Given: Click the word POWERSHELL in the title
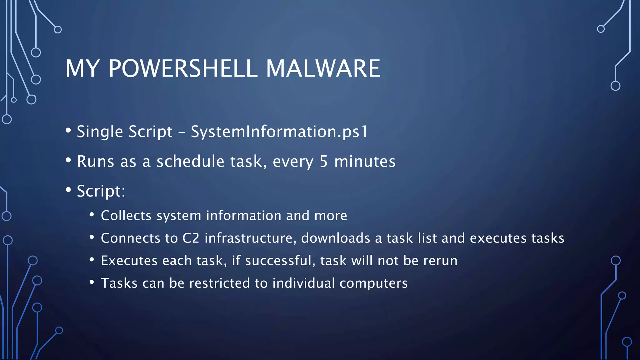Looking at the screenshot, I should (x=183, y=68).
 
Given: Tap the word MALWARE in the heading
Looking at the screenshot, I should (x=323, y=68).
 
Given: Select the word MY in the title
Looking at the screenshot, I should (x=82, y=68).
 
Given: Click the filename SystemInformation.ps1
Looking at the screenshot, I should (x=279, y=132).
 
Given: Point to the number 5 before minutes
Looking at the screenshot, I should (x=323, y=162).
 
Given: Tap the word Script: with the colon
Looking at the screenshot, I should (x=101, y=191).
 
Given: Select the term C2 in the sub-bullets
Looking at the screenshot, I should (x=191, y=238).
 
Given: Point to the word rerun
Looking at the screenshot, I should (x=440, y=261).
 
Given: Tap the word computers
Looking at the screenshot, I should (x=373, y=283).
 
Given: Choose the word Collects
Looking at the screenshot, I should (x=126, y=216).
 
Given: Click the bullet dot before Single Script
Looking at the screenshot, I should (x=68, y=130).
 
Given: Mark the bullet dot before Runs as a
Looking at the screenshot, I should (x=68, y=160).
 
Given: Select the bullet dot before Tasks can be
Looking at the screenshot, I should (x=92, y=282).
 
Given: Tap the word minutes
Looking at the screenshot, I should (x=365, y=162).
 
